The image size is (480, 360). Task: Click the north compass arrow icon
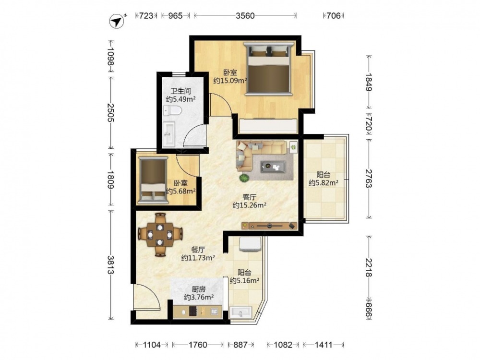[x=117, y=22]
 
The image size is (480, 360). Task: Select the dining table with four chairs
[x=160, y=235]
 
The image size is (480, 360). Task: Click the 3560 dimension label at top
[x=245, y=15]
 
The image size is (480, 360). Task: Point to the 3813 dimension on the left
[x=110, y=265]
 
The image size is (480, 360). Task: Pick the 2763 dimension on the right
[x=369, y=179]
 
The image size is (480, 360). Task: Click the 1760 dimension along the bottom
[x=198, y=345]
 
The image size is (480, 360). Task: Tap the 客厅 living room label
[x=249, y=197]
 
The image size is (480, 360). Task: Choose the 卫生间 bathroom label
[x=180, y=91]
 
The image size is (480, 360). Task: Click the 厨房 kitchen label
[x=199, y=289]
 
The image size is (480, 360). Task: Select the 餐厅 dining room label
[x=198, y=250]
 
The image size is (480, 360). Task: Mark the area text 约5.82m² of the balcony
[x=324, y=183]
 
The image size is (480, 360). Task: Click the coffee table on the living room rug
[x=273, y=167]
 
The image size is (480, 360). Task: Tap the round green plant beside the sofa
[x=244, y=178]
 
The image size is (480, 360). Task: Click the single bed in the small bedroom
[x=153, y=180]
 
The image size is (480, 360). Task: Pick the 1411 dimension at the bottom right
[x=324, y=345]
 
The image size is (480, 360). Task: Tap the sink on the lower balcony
[x=241, y=312]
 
